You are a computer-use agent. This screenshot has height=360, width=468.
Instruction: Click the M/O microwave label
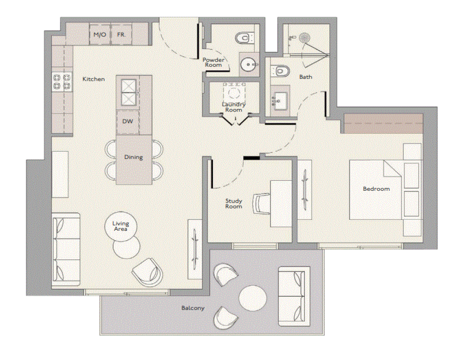point(100,35)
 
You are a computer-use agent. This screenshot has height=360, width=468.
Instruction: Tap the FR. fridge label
point(121,35)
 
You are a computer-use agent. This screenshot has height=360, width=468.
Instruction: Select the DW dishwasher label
point(127,121)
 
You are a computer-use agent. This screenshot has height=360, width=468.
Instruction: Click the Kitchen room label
point(94,79)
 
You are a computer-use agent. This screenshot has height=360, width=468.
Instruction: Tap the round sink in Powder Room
point(248,64)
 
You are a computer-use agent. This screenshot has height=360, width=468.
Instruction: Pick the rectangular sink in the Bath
point(280,101)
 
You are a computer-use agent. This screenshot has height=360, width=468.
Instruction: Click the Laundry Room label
point(234,107)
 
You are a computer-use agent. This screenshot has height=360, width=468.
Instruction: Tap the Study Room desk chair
point(261,204)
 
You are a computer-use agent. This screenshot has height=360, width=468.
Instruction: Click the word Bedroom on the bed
point(376,189)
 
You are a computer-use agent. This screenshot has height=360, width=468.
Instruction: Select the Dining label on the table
point(133,157)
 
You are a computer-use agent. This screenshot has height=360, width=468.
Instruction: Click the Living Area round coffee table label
point(121,226)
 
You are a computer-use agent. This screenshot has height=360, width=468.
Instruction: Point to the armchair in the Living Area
point(148,272)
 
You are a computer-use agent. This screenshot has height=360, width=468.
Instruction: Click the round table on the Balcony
point(252,298)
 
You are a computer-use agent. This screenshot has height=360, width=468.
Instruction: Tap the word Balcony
point(193,308)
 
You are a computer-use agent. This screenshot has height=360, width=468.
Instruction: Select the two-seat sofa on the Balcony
point(294,297)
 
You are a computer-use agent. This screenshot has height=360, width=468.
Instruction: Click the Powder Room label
point(213,63)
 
